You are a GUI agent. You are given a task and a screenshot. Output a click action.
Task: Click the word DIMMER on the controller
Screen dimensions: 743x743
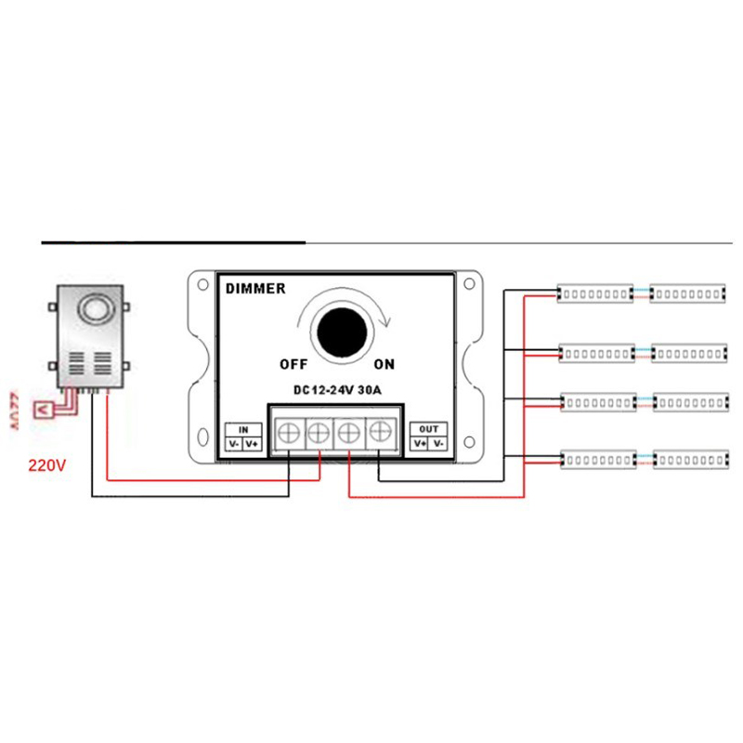coord(254,289)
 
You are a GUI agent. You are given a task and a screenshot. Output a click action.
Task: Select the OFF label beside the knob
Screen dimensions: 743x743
coord(294,363)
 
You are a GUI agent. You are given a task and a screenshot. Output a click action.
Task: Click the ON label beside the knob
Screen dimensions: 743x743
coord(385,363)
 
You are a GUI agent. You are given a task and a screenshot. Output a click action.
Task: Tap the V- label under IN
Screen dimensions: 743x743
coord(234,444)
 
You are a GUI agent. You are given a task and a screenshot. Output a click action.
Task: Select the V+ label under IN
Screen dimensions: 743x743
coord(253,444)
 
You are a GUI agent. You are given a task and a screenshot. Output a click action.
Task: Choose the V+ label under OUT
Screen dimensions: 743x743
coord(419,444)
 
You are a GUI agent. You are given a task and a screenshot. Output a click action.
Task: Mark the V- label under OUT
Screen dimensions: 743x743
coord(437,444)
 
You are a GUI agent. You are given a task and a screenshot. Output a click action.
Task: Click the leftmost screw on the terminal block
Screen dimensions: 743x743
coord(288,431)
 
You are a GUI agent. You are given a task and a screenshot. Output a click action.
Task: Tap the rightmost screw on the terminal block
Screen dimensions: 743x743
coord(379,431)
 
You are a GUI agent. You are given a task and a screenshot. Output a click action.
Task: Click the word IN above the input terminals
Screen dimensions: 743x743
coord(243,430)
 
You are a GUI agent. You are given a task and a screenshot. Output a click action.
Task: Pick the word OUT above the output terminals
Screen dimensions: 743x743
coord(428,429)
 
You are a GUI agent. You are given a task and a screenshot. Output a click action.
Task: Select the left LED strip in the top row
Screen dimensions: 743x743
coord(594,294)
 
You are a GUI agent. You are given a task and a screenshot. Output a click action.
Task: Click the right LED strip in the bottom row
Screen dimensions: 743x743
coord(688,459)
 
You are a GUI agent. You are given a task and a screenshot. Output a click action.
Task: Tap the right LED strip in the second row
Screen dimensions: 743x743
coord(688,353)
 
